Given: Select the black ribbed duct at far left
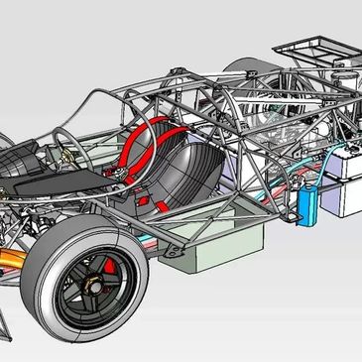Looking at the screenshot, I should pyautogui.click(x=18, y=170).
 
